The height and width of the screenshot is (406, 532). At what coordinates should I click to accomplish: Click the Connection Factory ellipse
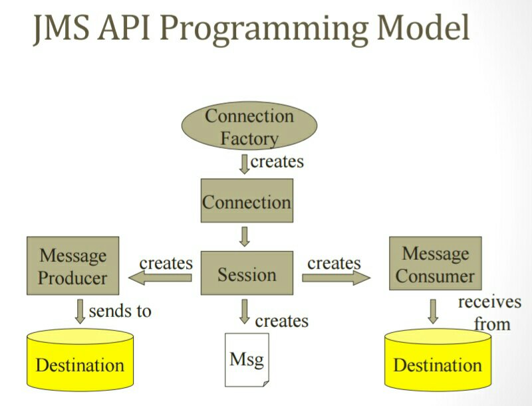coord(249,127)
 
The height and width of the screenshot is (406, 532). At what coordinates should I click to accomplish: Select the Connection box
coord(247,201)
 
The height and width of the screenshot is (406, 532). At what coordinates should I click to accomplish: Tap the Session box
coord(247,274)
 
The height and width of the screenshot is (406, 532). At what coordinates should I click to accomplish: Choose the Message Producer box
coord(72,266)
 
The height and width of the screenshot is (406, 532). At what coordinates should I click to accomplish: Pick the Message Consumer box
coord(435,264)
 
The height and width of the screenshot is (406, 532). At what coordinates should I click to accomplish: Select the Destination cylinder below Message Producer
coord(79,363)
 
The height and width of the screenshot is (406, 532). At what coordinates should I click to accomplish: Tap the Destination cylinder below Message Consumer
coord(438,363)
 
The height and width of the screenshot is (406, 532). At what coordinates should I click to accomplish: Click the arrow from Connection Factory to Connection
coord(244,163)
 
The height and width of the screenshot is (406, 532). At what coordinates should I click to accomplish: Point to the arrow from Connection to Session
coord(244,236)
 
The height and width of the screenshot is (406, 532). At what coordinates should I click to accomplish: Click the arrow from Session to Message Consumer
coord(336,277)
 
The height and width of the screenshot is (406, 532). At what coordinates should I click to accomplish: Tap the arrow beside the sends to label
coord(80,311)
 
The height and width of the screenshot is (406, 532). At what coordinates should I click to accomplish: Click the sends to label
coord(120,310)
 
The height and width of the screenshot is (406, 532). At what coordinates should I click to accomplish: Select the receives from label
coord(489,313)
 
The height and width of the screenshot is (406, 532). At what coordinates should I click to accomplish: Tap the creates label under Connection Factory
coord(277,161)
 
